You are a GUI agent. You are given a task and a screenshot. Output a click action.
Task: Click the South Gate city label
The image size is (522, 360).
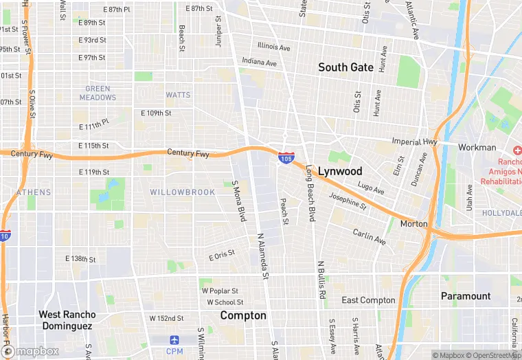pos(345,67)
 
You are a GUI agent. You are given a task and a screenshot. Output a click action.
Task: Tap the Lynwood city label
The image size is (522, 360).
pos(339,170)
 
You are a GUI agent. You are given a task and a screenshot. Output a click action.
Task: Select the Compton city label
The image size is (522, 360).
pos(242,315)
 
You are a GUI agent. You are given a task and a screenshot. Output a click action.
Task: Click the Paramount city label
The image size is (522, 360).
pos(465,296)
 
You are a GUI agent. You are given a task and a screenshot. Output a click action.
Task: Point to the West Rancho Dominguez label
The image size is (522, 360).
pos(67,320)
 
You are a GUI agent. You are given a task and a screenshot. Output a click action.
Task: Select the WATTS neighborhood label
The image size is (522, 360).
pos(178,95)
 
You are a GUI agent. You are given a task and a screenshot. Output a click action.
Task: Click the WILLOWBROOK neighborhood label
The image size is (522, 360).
pos(182,192)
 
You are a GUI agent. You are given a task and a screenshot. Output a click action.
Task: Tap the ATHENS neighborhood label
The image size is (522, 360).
pos(33,192)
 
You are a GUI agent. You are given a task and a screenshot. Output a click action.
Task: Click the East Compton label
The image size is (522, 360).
pos(368,300)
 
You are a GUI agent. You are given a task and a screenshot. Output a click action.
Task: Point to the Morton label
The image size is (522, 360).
pos(413,224)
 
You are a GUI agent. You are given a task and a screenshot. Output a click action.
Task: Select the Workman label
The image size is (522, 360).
pos(477,147)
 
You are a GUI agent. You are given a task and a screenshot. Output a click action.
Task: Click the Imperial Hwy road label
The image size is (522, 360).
pos(414,142)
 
